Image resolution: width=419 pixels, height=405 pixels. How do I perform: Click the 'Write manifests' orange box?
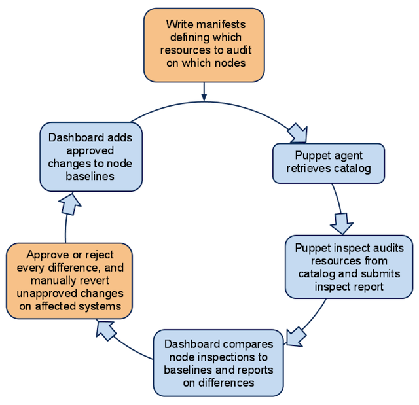pyautogui.click(x=204, y=45)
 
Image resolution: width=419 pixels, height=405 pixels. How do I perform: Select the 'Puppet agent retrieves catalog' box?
pyautogui.click(x=329, y=163)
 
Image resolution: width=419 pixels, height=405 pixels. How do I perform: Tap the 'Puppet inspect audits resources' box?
pyautogui.click(x=349, y=267)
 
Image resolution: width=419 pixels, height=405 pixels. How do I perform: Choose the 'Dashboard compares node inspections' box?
pyautogui.click(x=218, y=363)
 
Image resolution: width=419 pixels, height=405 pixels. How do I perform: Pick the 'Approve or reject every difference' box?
pyautogui.click(x=69, y=281)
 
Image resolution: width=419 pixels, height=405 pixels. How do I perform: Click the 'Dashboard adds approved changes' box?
pyautogui.click(x=91, y=157)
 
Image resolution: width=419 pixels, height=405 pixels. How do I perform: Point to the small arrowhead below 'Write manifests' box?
pyautogui.click(x=204, y=97)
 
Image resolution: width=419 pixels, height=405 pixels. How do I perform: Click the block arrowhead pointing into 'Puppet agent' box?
pyautogui.click(x=298, y=133)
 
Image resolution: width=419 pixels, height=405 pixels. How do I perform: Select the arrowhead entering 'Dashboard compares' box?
pyautogui.click(x=295, y=337)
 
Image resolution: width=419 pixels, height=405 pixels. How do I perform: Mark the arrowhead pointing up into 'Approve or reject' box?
pyautogui.click(x=105, y=330)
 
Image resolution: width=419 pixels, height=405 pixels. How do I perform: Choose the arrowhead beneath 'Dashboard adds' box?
pyautogui.click(x=70, y=204)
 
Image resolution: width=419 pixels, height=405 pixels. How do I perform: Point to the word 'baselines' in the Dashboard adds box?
pyautogui.click(x=90, y=176)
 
